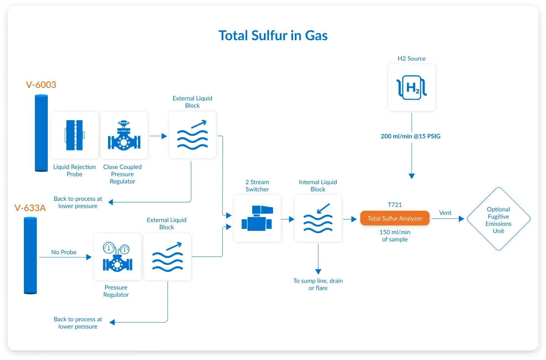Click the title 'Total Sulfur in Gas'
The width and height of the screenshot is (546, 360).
(273, 36)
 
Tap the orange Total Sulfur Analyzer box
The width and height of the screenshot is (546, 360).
(394, 218)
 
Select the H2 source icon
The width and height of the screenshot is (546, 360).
(411, 88)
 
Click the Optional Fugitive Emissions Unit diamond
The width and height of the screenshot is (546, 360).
(498, 219)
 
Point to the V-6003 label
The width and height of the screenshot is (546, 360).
(41, 85)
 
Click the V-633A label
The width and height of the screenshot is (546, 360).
(30, 208)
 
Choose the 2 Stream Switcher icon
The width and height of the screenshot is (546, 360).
(257, 218)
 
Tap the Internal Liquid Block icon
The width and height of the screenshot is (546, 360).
(318, 218)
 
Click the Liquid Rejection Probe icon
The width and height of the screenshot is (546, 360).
(75, 135)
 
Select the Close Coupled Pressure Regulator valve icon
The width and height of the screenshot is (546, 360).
(124, 135)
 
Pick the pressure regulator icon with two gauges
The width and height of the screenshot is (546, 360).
(117, 257)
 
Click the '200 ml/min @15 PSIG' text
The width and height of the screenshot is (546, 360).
(410, 136)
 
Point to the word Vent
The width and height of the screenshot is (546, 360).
(445, 213)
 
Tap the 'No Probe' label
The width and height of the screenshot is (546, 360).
(64, 252)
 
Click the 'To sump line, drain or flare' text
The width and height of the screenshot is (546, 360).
(318, 284)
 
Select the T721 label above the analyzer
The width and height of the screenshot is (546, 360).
(394, 205)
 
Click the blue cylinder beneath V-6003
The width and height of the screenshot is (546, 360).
(41, 133)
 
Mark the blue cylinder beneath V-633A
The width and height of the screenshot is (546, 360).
(30, 255)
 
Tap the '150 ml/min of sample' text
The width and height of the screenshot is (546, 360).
(394, 236)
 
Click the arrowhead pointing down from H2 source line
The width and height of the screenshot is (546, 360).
(411, 176)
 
